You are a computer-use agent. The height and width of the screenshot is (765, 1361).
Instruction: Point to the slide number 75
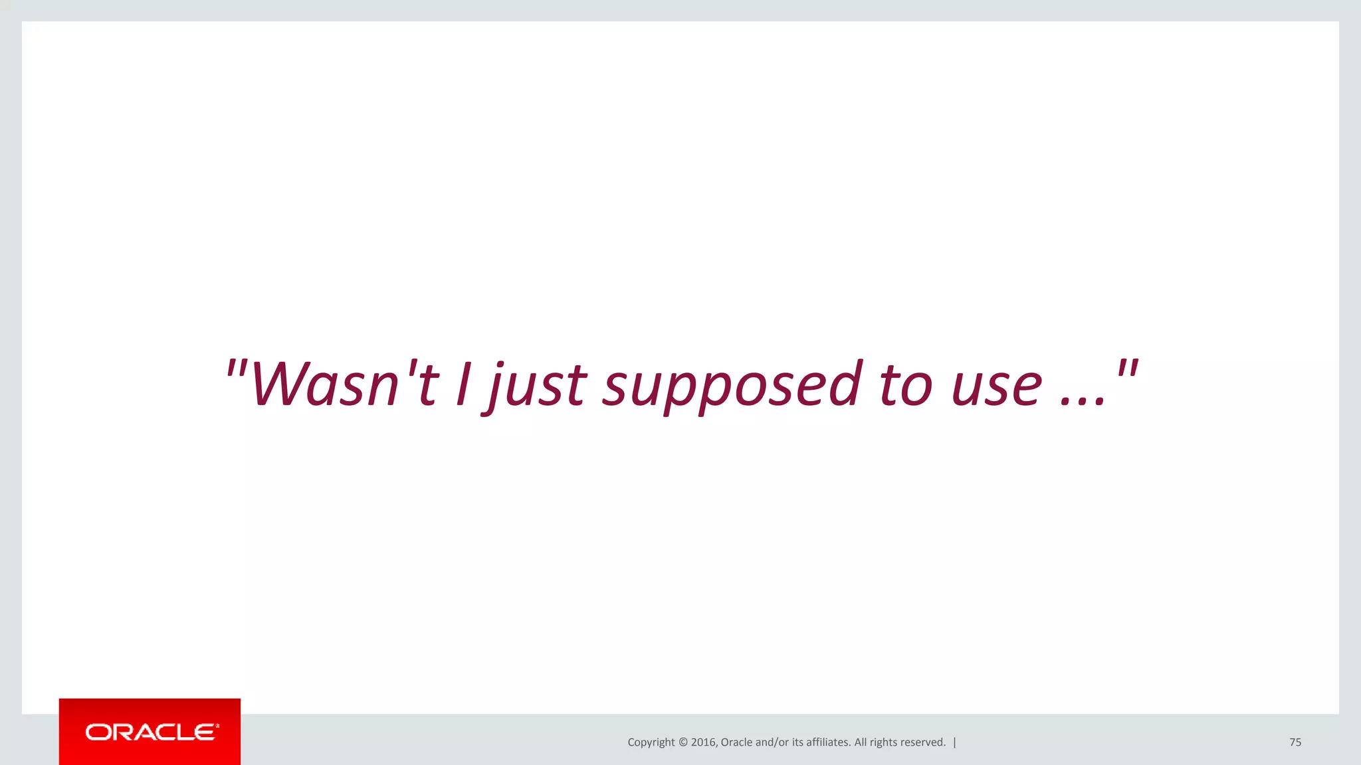tap(1295, 742)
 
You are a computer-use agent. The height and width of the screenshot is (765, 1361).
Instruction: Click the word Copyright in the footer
tap(651, 742)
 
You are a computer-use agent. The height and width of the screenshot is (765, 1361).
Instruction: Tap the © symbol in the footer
tap(683, 742)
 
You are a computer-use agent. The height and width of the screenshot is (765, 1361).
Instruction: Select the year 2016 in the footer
tap(703, 742)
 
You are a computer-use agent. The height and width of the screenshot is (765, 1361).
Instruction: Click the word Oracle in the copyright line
tap(736, 742)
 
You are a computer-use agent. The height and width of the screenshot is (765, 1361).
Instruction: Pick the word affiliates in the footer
tap(828, 742)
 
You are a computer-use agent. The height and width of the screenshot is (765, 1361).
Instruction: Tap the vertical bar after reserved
tap(955, 742)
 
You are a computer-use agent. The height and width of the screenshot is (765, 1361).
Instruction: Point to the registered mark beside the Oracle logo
tap(217, 726)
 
